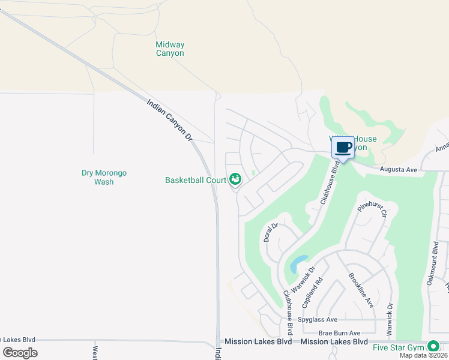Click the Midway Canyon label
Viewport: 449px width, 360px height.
[x=170, y=49]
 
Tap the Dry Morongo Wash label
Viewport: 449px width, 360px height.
[x=104, y=177]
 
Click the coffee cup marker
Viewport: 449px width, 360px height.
[x=343, y=148]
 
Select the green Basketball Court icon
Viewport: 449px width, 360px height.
[x=235, y=179]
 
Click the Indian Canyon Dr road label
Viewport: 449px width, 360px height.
[x=170, y=121]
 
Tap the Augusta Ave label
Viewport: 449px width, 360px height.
[x=399, y=170]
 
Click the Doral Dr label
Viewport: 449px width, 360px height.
[x=270, y=233]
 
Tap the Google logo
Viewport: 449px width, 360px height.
[x=20, y=353]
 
